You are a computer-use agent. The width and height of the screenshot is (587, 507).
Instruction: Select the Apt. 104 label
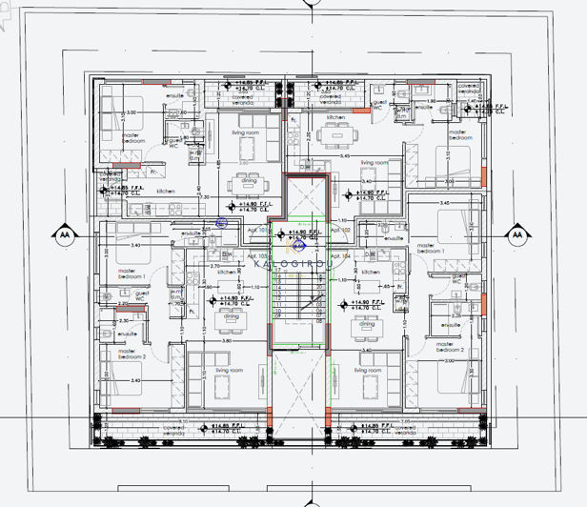click(340, 257)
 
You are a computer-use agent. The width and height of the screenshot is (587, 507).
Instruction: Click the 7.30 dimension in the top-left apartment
click(204, 196)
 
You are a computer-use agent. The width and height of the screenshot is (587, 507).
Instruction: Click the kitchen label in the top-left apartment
click(166, 192)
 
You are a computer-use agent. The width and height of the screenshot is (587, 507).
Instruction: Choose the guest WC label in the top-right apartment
click(378, 104)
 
